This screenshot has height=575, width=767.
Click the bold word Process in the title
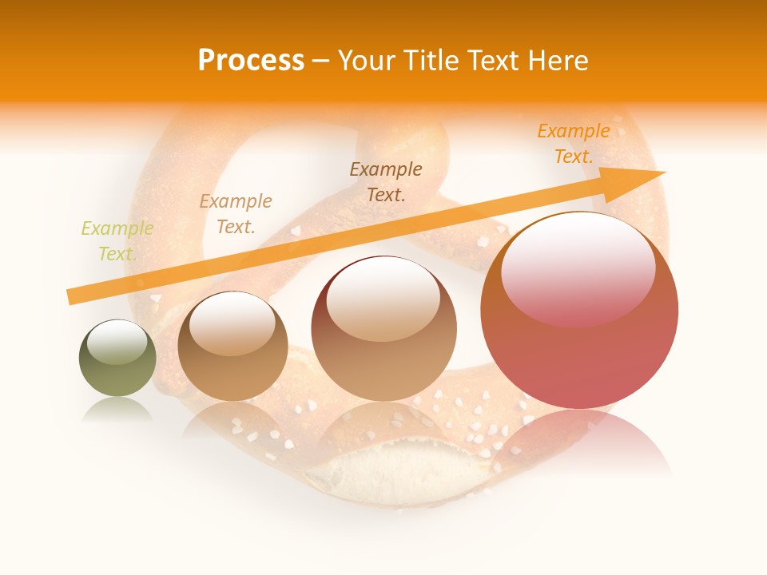[x=251, y=61]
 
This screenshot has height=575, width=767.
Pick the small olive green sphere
[x=117, y=359]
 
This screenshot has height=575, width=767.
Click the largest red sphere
[x=579, y=319]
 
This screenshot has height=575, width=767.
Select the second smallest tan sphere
[x=232, y=347]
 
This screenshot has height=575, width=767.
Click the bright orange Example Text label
[x=574, y=144]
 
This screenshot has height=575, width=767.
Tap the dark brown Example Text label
[x=386, y=181]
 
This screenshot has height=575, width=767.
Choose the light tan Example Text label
[x=236, y=214]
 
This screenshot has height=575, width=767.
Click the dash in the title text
[x=320, y=61]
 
